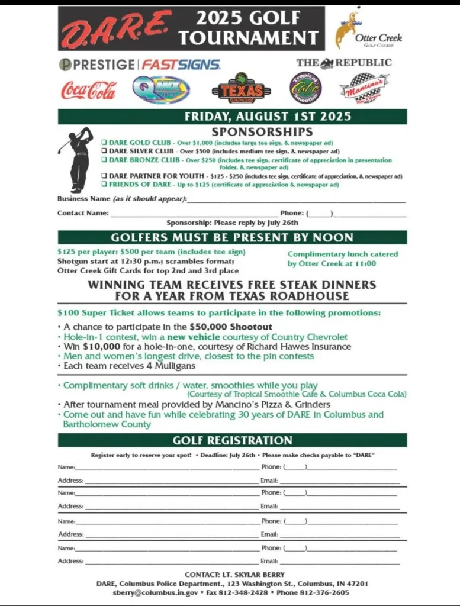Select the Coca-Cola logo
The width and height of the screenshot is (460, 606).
89,90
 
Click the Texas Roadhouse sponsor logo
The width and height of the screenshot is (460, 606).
241,91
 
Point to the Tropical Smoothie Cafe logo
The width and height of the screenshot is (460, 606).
305,88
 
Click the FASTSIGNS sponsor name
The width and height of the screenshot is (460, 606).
181,65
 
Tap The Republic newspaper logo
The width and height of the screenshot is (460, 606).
343,63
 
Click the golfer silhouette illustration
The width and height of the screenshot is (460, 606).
78,159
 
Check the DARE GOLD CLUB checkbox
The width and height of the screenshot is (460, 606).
104,143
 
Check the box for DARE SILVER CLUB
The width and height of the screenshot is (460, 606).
104,151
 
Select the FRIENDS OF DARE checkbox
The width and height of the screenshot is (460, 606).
104,185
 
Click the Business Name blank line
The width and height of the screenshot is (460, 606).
296,200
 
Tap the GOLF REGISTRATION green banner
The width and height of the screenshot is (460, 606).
232,440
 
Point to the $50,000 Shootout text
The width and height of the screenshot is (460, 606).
230,327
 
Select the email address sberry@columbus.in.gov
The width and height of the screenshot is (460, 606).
147,592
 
